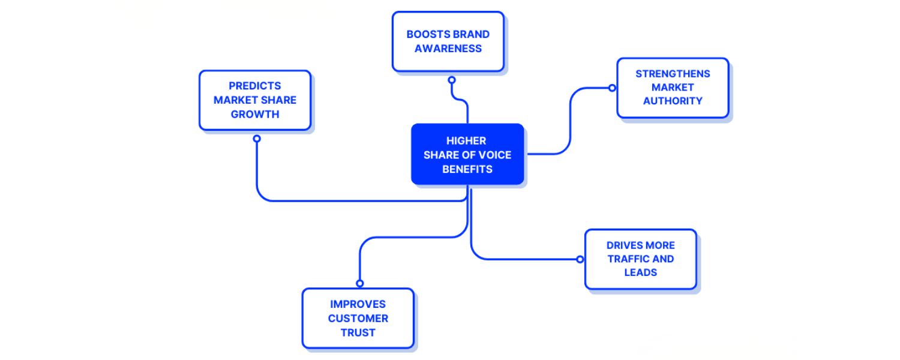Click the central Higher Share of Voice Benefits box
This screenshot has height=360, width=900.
pos(467,154)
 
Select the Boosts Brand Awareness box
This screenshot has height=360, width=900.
pos(448,41)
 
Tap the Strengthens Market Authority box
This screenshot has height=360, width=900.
pos(673,88)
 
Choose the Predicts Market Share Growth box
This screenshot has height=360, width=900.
pos(255,100)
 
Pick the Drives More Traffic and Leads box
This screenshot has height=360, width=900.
pos(640,259)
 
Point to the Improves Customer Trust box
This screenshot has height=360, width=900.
pos(358,318)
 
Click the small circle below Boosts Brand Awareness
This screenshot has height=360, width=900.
pos(452,80)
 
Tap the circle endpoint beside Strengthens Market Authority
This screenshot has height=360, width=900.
pos(612,88)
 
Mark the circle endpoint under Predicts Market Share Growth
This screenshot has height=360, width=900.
pos(257,139)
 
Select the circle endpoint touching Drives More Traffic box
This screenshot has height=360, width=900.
pos(580,259)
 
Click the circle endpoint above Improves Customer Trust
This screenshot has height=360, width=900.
pos(360,283)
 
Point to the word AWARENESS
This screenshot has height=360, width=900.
pos(448,49)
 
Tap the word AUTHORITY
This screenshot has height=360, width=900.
pos(673,101)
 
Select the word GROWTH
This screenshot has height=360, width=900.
pos(255,114)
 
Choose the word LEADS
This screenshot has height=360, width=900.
pos(640,272)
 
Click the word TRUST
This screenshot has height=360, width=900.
pos(358,332)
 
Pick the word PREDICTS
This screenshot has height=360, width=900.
pos(255,86)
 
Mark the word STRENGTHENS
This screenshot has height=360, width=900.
pos(673,74)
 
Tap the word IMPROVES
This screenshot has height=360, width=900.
pos(358,304)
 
